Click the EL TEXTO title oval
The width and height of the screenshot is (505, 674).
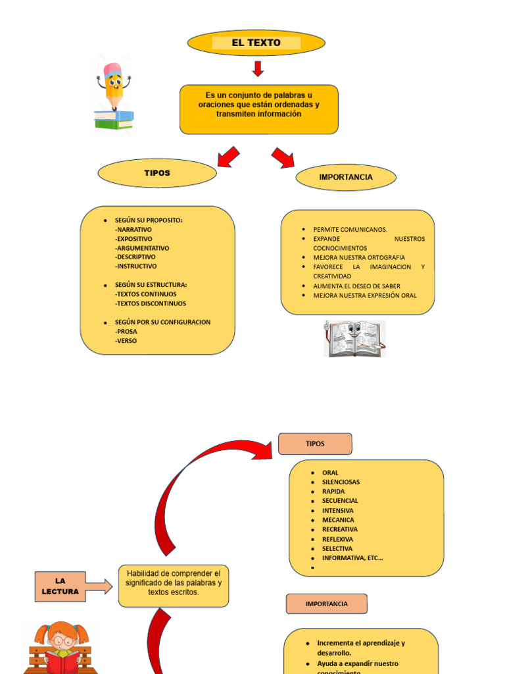pos(256,43)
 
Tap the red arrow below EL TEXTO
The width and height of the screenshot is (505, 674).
pos(258,68)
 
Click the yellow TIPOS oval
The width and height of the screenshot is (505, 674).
pos(157,173)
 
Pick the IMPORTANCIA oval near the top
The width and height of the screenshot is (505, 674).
pos(346,177)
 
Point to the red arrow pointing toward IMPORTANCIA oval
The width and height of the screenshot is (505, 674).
pos(283,157)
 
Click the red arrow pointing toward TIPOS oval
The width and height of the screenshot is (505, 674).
pos(228,157)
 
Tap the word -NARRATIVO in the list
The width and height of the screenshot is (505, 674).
pos(133,230)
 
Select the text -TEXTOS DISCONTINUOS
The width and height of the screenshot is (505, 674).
pos(151,303)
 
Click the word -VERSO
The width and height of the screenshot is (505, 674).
pos(126,341)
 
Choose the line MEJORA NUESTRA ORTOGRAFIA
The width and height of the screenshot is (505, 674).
pos(359,257)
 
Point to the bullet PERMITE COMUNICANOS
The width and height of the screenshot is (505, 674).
pos(350,229)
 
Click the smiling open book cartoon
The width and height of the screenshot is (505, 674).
pos(355,338)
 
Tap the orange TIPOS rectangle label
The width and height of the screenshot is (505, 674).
pos(315,444)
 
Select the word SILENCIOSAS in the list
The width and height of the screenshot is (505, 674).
pos(341,482)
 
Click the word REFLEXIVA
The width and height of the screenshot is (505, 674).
pos(337,539)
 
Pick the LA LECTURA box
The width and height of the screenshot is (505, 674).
pos(60,586)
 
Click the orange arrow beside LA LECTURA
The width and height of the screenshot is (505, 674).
pos(99,586)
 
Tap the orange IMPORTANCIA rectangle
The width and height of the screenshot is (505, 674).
pos(326,604)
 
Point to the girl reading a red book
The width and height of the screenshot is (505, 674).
pos(61,648)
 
